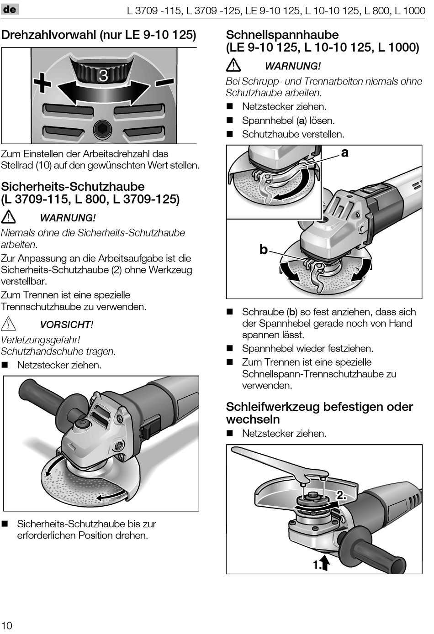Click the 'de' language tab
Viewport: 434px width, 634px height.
click(10, 9)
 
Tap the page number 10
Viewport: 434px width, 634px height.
click(7, 625)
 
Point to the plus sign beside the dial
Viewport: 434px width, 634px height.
click(42, 84)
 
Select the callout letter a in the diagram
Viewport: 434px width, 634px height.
click(344, 152)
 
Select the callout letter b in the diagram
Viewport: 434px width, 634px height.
click(263, 249)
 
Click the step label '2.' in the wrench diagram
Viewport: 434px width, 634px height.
click(341, 495)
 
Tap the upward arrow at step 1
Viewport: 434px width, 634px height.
click(325, 562)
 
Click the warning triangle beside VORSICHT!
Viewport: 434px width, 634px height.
click(8, 324)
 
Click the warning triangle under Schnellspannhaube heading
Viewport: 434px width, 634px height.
click(233, 65)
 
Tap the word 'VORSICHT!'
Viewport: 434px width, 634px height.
click(67, 325)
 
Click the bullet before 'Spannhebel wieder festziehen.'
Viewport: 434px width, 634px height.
click(230, 348)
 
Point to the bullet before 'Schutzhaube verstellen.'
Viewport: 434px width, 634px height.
click(230, 134)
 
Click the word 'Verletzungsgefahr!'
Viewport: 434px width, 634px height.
click(41, 340)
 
